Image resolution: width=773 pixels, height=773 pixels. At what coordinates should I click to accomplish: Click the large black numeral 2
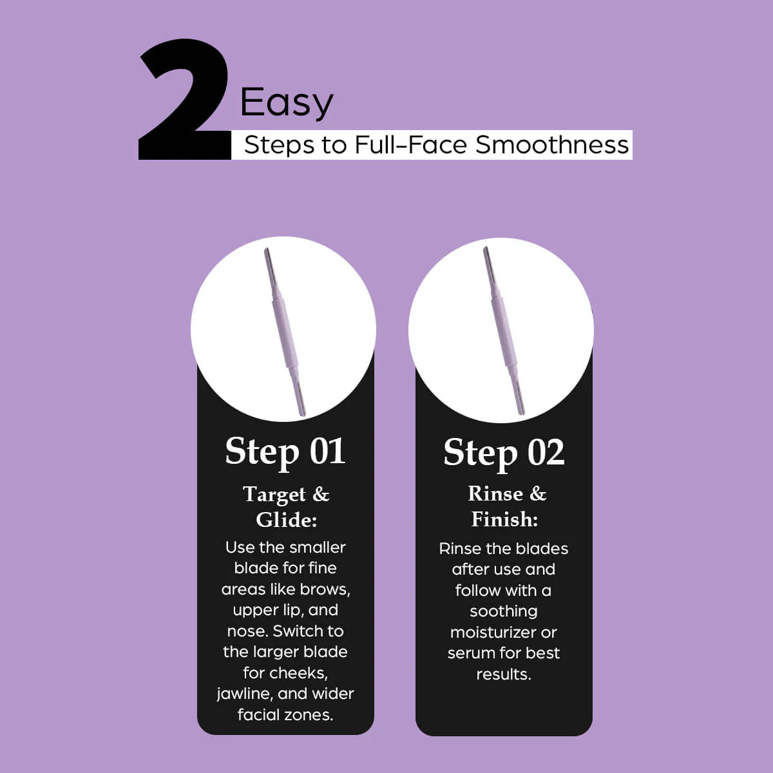pyautogui.click(x=184, y=100)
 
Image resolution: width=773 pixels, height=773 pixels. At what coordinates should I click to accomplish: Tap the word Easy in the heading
pyautogui.click(x=287, y=103)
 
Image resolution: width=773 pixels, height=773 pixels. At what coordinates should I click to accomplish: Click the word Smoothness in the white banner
pyautogui.click(x=552, y=144)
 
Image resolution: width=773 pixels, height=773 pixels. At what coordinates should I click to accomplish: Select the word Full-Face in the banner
pyautogui.click(x=411, y=144)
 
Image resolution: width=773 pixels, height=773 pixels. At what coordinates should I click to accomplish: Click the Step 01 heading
pyautogui.click(x=285, y=452)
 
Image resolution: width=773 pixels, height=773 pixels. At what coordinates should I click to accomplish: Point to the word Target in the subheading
pyautogui.click(x=274, y=495)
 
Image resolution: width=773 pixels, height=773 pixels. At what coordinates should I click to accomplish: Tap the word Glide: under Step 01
pyautogui.click(x=287, y=520)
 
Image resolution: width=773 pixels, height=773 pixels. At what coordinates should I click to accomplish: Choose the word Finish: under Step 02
pyautogui.click(x=504, y=519)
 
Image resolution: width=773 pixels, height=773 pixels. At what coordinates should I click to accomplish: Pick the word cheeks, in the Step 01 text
pyautogui.click(x=304, y=673)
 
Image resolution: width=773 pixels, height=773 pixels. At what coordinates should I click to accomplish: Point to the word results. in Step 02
pyautogui.click(x=504, y=674)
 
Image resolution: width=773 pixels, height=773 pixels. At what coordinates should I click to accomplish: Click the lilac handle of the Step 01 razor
pyautogui.click(x=285, y=332)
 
